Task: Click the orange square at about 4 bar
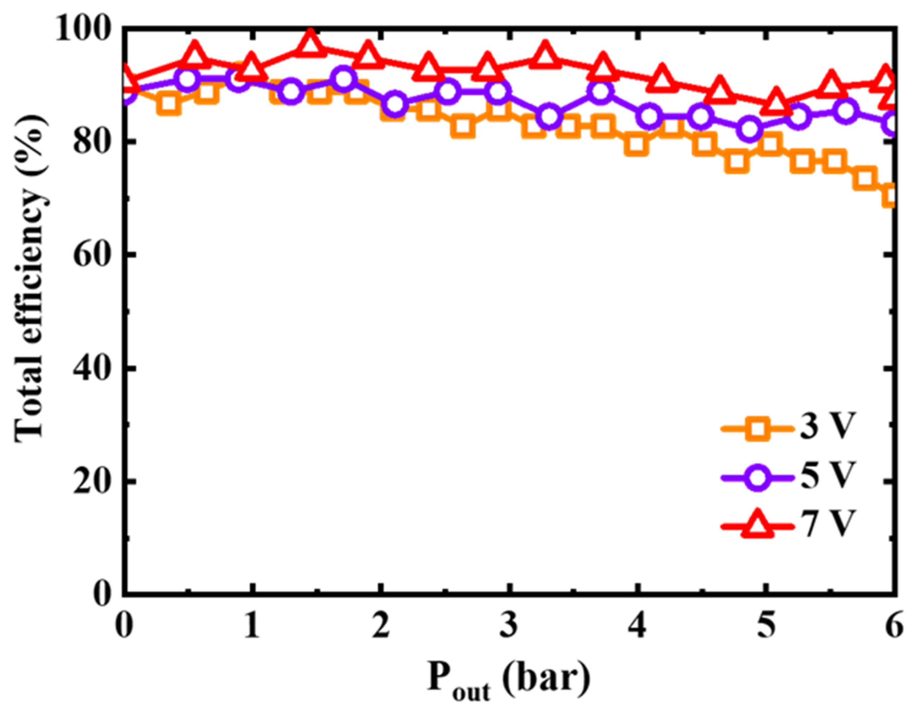click(x=636, y=144)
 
